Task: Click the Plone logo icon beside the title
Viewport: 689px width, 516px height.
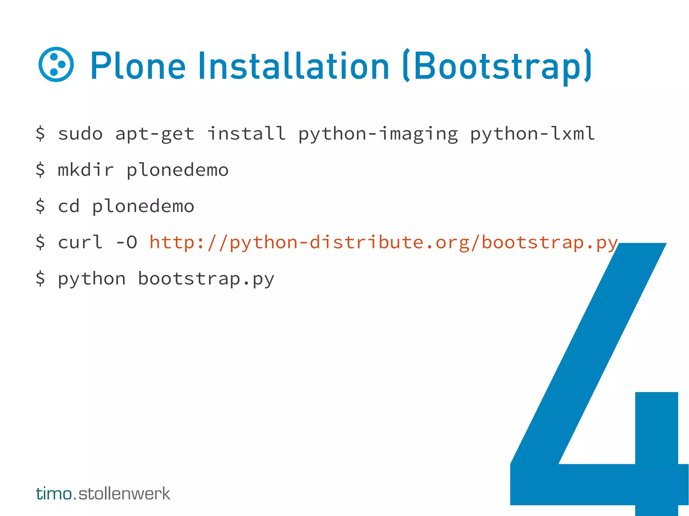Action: click(x=56, y=64)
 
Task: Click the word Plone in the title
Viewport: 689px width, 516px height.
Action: click(x=138, y=66)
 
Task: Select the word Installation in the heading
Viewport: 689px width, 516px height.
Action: click(x=293, y=66)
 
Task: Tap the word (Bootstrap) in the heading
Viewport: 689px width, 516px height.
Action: click(x=497, y=66)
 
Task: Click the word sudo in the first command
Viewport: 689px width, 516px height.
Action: click(x=80, y=134)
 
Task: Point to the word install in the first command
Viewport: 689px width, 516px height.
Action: click(x=246, y=133)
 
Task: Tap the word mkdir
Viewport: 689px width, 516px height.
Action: click(x=86, y=170)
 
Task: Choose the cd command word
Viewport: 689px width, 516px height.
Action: click(x=69, y=206)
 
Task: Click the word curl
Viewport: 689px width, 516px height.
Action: click(x=80, y=242)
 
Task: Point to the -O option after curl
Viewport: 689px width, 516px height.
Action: click(x=126, y=242)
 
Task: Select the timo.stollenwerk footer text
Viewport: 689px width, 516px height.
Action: click(x=103, y=493)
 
